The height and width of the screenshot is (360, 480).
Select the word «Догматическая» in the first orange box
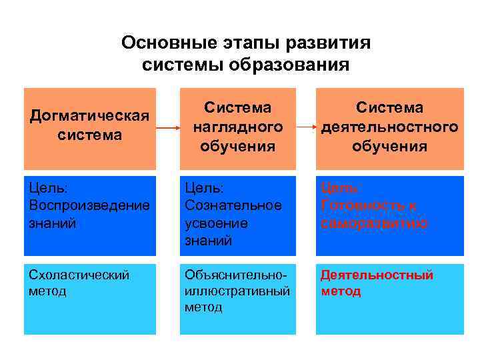[89, 115]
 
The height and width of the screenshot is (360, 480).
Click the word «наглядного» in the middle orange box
[237, 127]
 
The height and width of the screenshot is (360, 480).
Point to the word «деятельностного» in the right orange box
[390, 127]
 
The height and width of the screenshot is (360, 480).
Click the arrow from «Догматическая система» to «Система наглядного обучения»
[167, 127]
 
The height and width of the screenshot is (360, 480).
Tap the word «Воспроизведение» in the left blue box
[89, 205]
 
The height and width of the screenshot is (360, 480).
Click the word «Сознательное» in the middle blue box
[233, 205]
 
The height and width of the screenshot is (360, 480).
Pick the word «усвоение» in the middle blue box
[216, 223]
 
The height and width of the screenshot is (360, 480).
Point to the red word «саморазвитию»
[374, 223]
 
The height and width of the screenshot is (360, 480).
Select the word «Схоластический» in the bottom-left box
[79, 275]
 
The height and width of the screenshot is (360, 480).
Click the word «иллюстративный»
[237, 291]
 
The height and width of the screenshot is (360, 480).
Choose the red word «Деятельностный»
[377, 275]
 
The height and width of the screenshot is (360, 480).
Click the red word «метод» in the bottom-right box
[341, 291]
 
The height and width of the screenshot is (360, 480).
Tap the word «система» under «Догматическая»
[90, 135]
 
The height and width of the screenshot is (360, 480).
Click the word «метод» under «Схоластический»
[48, 291]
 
